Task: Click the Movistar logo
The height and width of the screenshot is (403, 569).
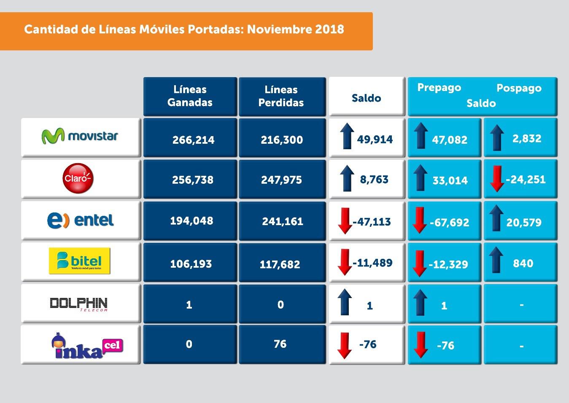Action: (x=80, y=136)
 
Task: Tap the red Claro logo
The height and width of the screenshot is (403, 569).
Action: (x=78, y=178)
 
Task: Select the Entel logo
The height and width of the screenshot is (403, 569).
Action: (x=81, y=220)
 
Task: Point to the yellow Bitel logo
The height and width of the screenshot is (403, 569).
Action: (x=80, y=261)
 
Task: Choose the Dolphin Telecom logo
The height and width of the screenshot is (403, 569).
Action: (x=79, y=304)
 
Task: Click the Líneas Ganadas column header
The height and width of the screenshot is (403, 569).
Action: (x=190, y=96)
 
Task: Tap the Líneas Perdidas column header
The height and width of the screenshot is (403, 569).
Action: (x=281, y=96)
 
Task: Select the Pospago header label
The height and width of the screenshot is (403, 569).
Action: (x=519, y=88)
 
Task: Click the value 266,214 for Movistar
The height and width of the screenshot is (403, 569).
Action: (x=193, y=140)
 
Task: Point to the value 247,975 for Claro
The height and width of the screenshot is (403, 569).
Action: (x=281, y=180)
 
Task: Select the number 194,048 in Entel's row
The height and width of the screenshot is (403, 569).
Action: (x=191, y=221)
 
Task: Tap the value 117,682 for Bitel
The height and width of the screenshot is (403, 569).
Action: (x=280, y=265)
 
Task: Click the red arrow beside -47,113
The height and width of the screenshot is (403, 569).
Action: (x=345, y=221)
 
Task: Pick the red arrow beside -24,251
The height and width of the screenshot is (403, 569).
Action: (x=497, y=179)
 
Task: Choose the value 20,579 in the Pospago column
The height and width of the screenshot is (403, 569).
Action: (x=524, y=223)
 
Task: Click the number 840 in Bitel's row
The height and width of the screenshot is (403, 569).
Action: (x=523, y=263)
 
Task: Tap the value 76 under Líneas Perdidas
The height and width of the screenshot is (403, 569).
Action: (x=280, y=344)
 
